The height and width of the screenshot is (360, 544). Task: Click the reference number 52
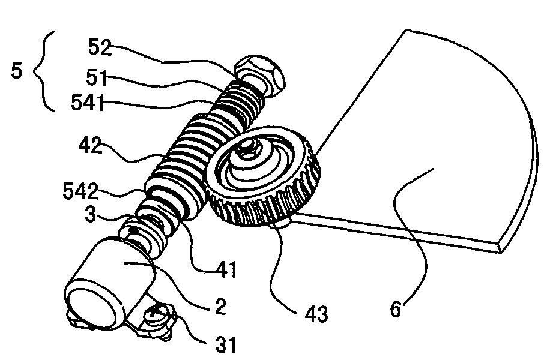(100, 47)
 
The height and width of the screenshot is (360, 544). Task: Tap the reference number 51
(97, 77)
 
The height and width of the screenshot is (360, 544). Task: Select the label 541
(88, 103)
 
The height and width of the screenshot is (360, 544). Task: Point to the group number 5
(16, 70)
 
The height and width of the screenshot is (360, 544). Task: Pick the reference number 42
(90, 145)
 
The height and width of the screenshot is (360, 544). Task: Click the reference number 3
(90, 214)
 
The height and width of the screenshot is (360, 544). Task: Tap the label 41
(226, 269)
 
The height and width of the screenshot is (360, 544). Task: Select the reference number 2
(220, 306)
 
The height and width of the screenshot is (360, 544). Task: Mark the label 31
(226, 344)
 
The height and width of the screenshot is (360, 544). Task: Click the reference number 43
(316, 314)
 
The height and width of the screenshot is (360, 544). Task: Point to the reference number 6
(396, 310)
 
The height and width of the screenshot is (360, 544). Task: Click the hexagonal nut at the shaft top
(260, 74)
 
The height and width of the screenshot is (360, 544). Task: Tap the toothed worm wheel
(263, 176)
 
